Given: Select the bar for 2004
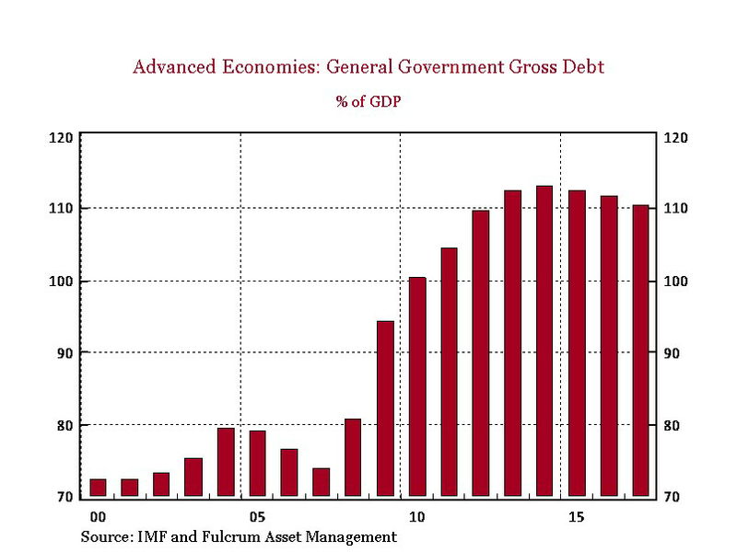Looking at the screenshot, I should click(x=226, y=462).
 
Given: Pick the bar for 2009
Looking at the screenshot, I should click(x=385, y=408).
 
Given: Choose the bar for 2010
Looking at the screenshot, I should click(x=417, y=386).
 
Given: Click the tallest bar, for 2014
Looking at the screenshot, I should click(x=544, y=340).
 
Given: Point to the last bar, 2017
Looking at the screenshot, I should click(x=640, y=351).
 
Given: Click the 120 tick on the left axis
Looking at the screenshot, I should click(x=61, y=138).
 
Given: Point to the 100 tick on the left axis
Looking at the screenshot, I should click(x=61, y=282).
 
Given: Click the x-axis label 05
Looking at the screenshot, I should click(x=257, y=515).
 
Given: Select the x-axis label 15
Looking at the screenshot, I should click(x=576, y=515).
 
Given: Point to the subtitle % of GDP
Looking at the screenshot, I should click(x=368, y=101).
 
